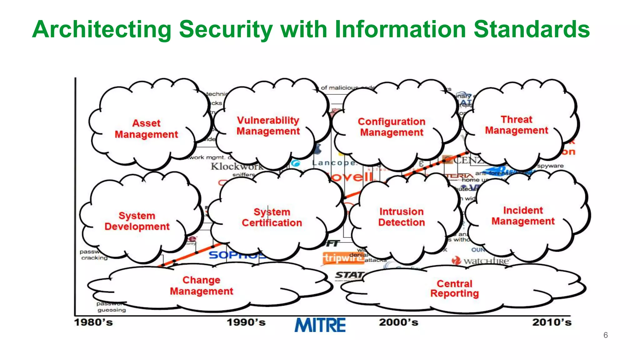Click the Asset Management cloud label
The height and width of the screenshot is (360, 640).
(146, 129)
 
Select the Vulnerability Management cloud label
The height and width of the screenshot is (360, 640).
(268, 126)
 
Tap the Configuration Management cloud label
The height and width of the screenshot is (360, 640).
(392, 127)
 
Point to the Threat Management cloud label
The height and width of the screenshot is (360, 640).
(517, 125)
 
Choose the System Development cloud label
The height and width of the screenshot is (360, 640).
(137, 221)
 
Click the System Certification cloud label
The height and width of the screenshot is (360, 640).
(272, 217)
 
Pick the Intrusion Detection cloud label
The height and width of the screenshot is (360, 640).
(402, 217)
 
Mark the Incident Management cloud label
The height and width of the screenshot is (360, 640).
(523, 216)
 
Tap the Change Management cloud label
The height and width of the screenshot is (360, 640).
(202, 286)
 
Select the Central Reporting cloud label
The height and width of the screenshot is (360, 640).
(455, 288)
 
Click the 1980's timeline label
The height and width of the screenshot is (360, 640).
(93, 322)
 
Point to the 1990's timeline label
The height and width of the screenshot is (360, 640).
(246, 322)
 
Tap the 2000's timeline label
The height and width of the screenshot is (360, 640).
(398, 322)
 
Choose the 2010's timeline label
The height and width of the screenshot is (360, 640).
(552, 322)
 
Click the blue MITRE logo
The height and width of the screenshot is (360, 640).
(320, 325)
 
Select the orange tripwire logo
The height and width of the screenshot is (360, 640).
(339, 258)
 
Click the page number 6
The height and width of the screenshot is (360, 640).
(606, 335)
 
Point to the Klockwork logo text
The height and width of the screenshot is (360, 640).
(237, 166)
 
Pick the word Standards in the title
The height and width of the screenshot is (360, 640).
(532, 29)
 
